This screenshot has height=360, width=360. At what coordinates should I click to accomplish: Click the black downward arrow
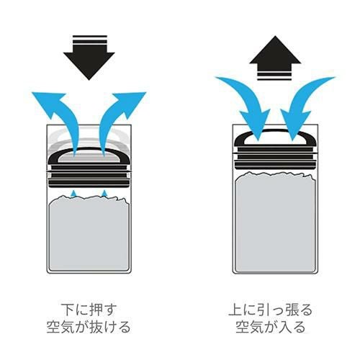[x=89, y=60]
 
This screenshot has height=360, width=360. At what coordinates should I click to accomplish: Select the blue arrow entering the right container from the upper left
[x=247, y=101]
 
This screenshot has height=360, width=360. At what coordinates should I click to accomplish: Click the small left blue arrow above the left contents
[x=74, y=193]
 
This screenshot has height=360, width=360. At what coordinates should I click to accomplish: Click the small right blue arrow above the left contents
[x=104, y=193]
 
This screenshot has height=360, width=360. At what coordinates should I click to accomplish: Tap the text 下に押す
[x=89, y=310]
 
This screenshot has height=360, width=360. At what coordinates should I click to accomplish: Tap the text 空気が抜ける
[x=89, y=327]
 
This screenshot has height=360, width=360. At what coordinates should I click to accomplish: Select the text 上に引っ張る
[x=271, y=310]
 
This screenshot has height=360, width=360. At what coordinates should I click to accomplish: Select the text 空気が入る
[x=271, y=327]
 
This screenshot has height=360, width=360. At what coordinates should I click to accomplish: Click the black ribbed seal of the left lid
[x=89, y=176]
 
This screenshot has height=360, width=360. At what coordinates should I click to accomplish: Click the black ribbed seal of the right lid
[x=275, y=157]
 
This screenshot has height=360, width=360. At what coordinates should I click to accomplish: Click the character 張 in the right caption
[x=291, y=310]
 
